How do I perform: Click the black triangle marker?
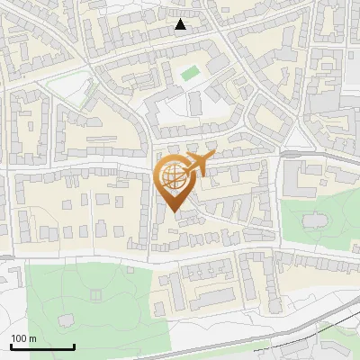tap(181, 24)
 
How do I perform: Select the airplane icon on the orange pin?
tap(198, 165)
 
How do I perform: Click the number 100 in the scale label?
tap(20, 338)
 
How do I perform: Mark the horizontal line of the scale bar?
tap(42, 347)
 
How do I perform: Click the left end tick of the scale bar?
tap(12, 346)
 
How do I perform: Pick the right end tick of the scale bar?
tap(73, 346)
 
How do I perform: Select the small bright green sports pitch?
tap(189, 73)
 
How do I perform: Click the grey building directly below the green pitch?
tap(195, 102)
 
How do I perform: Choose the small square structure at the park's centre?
tap(95, 294)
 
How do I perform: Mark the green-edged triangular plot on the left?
tap(72, 90)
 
